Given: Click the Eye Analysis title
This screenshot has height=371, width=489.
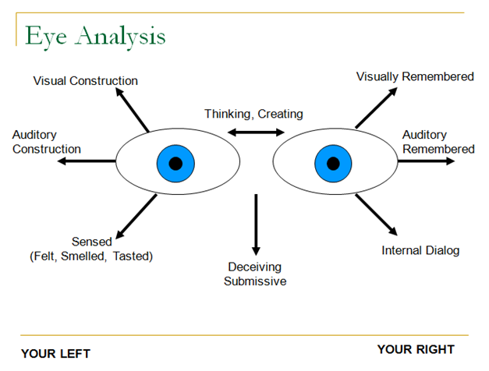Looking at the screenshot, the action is (95, 37).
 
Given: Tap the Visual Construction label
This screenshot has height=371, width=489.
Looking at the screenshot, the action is (86, 81).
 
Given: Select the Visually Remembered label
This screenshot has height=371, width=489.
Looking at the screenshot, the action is (415, 76).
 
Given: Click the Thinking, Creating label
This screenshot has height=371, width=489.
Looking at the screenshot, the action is (253, 114).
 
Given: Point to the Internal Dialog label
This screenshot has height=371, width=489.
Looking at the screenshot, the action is (420, 250).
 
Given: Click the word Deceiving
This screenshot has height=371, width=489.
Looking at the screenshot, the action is (254, 267).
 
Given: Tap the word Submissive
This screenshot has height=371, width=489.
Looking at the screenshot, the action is (255, 281).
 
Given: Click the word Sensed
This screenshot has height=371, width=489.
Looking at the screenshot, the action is (92, 242).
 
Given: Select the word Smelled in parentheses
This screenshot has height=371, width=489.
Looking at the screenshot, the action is (83, 256).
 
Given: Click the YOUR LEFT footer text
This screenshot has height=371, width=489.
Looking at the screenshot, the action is (55, 354).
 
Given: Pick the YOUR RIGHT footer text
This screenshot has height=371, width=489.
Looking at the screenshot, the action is (416, 349).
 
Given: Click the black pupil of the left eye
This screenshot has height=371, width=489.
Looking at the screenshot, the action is (175, 164).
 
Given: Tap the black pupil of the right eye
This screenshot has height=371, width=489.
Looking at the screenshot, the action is (333, 164).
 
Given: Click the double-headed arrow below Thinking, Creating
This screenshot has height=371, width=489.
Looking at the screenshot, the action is (256, 132).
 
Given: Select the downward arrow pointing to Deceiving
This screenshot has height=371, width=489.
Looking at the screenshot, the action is (256, 224).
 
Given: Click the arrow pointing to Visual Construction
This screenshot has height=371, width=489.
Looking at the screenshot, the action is (133, 110).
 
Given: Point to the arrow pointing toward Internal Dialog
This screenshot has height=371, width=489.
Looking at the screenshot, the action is (377, 215).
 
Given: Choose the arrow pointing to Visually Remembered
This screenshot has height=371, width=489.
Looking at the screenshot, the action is (377, 108).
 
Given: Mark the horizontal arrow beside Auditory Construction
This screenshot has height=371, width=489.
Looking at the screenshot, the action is (87, 161).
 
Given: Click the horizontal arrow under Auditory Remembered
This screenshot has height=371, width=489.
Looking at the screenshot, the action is (427, 161).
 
